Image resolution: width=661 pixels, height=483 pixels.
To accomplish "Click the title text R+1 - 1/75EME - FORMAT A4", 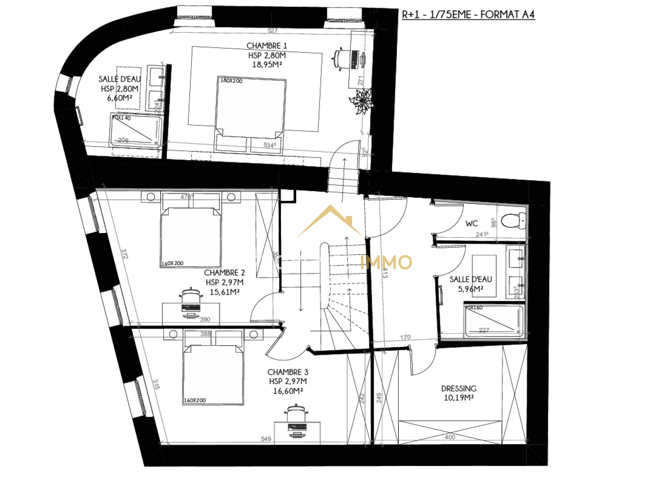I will (x=468, y=15).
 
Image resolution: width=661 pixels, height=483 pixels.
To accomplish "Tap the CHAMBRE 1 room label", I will (x=267, y=46).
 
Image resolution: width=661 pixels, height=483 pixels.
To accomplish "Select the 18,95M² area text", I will (x=267, y=65).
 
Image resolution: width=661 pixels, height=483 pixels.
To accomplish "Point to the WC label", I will (x=472, y=223).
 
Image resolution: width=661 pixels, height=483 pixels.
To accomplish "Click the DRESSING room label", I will (x=459, y=388).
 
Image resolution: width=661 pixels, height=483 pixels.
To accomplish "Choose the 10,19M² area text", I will (x=459, y=398).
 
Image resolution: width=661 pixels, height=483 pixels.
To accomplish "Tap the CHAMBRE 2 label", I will (x=224, y=272).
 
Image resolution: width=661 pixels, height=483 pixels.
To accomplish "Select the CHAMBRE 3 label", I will (x=288, y=372).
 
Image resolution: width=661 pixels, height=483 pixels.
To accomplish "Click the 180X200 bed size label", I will (x=231, y=80).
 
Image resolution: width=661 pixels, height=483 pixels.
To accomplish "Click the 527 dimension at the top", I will (x=273, y=31).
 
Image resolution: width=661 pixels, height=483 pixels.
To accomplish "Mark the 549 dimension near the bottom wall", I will (x=266, y=439).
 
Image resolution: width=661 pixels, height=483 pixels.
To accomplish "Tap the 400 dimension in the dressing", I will (x=450, y=437).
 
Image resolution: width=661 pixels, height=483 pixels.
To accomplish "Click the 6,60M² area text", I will (x=119, y=98).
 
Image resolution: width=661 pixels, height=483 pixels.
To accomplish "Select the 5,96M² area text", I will (x=470, y=289).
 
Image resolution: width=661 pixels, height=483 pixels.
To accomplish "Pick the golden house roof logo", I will (x=330, y=220).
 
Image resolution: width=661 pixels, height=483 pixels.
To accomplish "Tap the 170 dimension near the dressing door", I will (x=405, y=337).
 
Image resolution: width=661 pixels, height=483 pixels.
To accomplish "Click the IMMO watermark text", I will (x=386, y=262).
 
